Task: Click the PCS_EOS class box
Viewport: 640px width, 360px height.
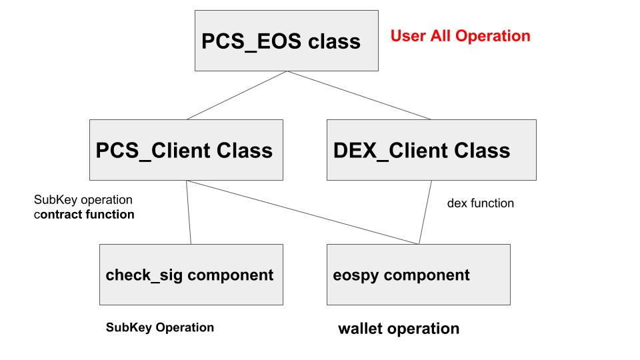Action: pyautogui.click(x=286, y=41)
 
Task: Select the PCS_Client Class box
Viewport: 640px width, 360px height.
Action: pyautogui.click(x=186, y=150)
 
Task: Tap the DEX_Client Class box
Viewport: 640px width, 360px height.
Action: pyautogui.click(x=431, y=150)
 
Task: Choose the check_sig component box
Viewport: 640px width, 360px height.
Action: pyautogui.click(x=191, y=275)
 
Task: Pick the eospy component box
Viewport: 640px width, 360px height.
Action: pyautogui.click(x=418, y=275)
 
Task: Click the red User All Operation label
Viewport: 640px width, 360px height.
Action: pyautogui.click(x=460, y=36)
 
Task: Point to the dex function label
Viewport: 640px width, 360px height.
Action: pyautogui.click(x=480, y=203)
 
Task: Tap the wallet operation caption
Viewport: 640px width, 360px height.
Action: pyautogui.click(x=399, y=329)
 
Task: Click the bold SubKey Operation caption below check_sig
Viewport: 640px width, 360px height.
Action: pyautogui.click(x=160, y=327)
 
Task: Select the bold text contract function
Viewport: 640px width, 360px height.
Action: pyautogui.click(x=87, y=215)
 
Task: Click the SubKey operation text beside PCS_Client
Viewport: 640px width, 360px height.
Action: pyautogui.click(x=83, y=200)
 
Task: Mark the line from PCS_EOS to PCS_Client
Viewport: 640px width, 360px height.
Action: pyautogui.click(x=237, y=95)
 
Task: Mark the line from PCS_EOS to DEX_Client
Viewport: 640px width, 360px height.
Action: pyautogui.click(x=360, y=95)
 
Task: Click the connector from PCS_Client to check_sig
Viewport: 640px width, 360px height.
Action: pyautogui.click(x=189, y=212)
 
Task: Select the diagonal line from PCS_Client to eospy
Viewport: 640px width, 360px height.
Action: pyautogui.click(x=300, y=211)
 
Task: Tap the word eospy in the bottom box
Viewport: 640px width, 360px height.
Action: pyautogui.click(x=354, y=275)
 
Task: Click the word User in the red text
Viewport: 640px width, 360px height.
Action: pyautogui.click(x=406, y=36)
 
